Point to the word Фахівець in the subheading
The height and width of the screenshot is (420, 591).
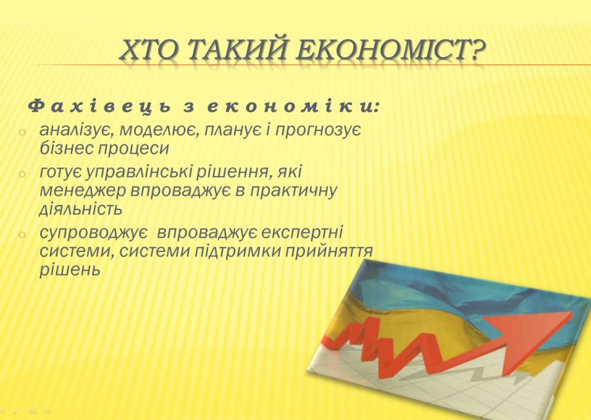coord(102,106)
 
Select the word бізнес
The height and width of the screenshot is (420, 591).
coord(64,148)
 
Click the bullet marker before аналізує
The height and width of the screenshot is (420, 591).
coord(22,132)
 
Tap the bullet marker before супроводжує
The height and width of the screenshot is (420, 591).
coord(22,235)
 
